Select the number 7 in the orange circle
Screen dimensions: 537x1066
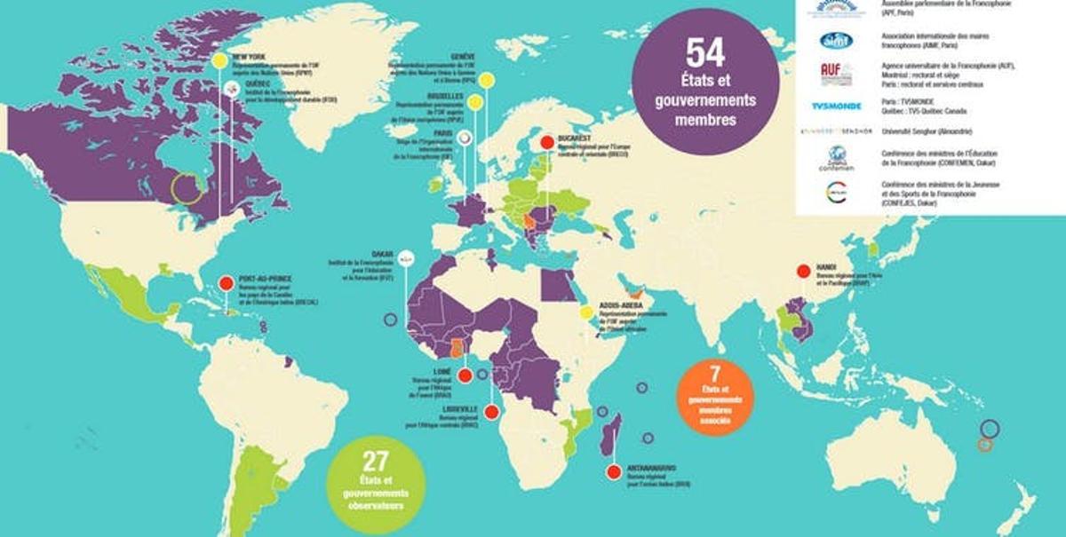tap(715, 373)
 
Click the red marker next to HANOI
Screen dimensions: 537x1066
tap(803, 272)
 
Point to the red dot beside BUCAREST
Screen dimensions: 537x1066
tap(548, 142)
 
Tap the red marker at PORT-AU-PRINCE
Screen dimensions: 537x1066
tap(226, 284)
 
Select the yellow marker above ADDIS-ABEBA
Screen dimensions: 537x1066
tap(586, 312)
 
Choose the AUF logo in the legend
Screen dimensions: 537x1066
tap(836, 73)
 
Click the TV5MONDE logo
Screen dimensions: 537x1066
tap(836, 106)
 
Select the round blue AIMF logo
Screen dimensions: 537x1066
tap(836, 40)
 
